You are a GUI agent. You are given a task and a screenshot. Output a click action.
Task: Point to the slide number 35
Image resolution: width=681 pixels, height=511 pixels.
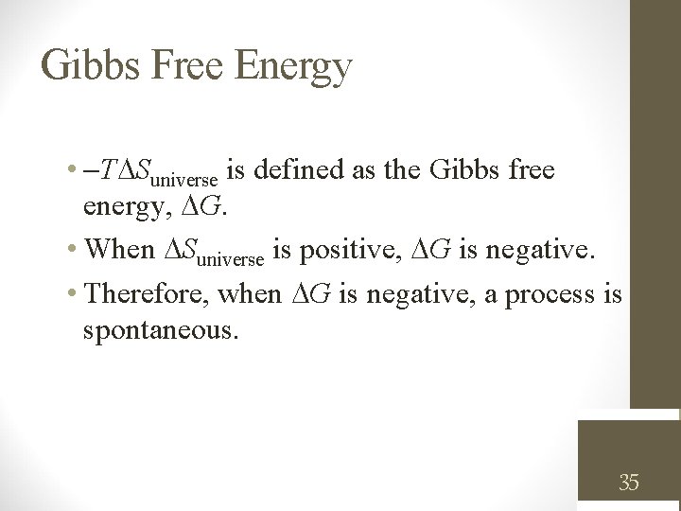click(x=629, y=484)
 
